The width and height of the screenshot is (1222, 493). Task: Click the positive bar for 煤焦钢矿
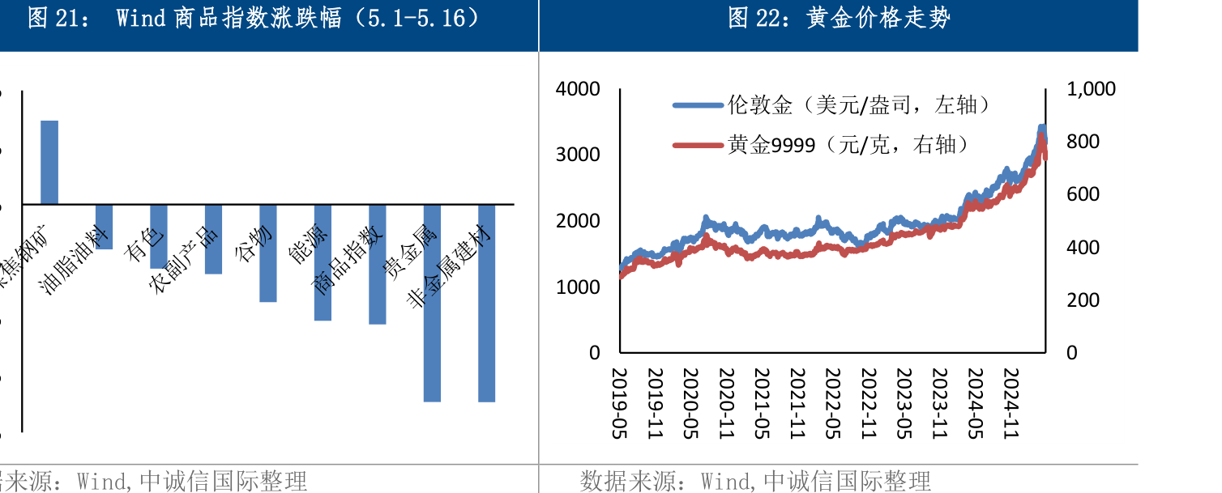49,162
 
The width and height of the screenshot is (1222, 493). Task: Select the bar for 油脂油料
104,227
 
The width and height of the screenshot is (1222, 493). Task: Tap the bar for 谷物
268,253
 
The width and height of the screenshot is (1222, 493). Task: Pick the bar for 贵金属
432,303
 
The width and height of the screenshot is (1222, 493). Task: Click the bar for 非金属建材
486,303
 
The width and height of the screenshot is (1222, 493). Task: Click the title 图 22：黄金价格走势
839,19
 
